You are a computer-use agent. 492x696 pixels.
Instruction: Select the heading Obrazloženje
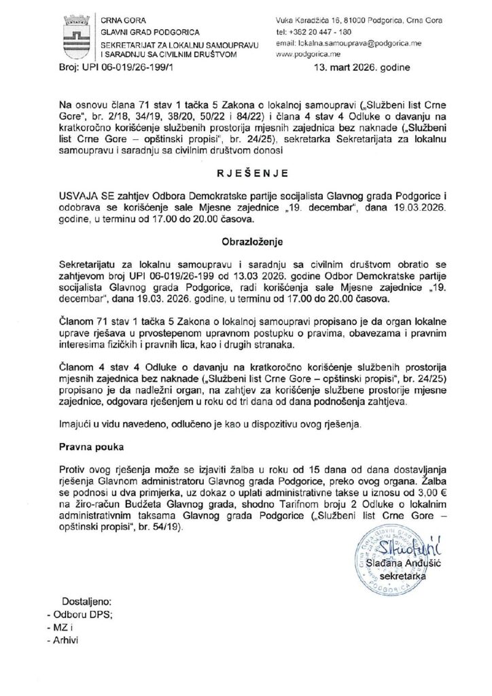click(245, 241)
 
